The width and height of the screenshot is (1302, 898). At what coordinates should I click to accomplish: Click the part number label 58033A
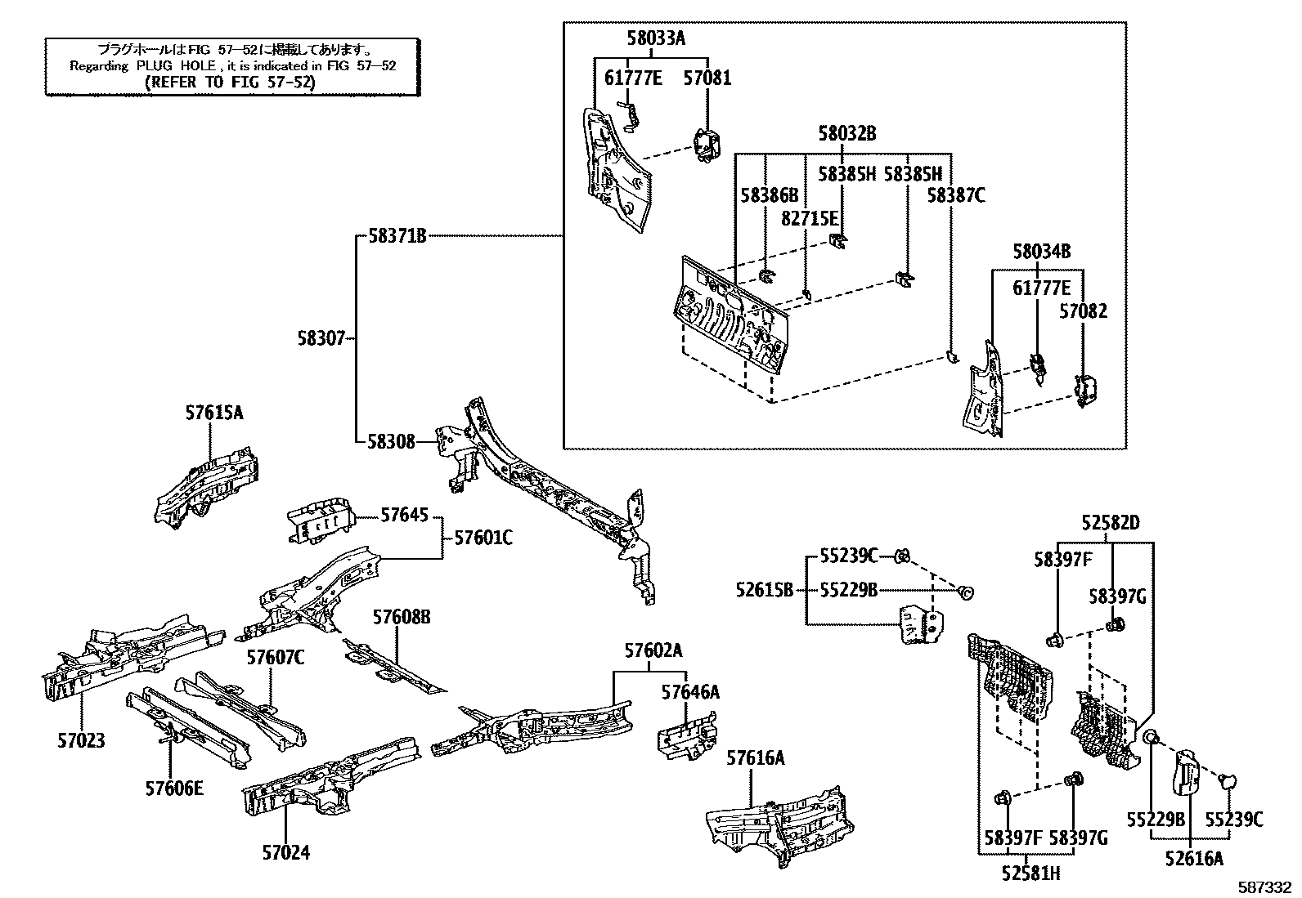tap(656, 38)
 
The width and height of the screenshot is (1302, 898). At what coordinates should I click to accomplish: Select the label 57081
tap(707, 78)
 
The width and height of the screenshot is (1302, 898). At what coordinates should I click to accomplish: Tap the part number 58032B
tap(846, 133)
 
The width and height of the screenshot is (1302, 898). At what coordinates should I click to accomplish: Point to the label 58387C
tap(955, 195)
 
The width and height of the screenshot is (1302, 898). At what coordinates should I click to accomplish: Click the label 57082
tap(1083, 311)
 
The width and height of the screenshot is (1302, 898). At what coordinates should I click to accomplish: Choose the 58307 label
tap(323, 337)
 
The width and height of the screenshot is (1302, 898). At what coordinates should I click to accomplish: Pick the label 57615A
tap(213, 413)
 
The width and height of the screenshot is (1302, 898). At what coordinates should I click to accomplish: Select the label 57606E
tap(174, 789)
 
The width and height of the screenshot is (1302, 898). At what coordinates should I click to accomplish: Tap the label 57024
tap(286, 852)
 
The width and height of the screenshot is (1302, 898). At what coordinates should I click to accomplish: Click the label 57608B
tap(402, 617)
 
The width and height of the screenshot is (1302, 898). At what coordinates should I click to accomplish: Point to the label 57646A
tap(690, 693)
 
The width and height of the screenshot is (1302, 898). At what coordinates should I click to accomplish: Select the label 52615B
tap(764, 589)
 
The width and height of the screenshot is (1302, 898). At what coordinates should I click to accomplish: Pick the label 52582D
tap(1111, 523)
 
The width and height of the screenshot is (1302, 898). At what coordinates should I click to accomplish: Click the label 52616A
tap(1194, 858)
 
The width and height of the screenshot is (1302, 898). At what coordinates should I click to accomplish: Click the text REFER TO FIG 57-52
tap(229, 82)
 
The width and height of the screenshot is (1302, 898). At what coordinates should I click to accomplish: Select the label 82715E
tap(809, 218)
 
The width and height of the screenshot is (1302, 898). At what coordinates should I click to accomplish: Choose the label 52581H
tap(1030, 873)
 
